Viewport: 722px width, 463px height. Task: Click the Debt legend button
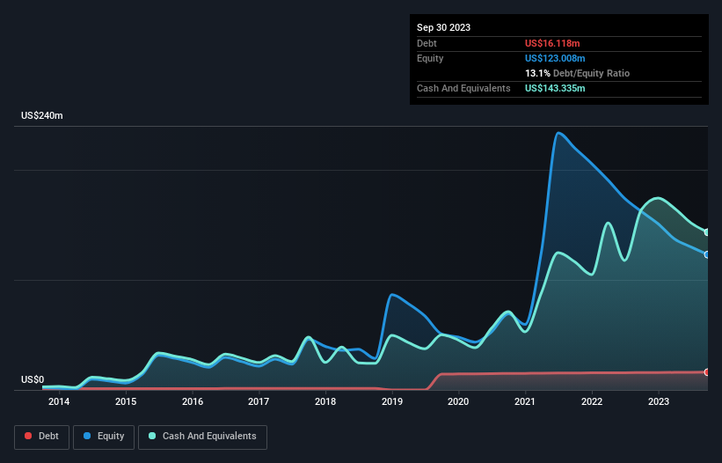click(40, 436)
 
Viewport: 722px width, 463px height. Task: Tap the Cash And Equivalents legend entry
click(202, 436)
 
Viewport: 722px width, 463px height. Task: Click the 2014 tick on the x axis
click(59, 402)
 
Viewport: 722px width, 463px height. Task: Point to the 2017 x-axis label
click(259, 402)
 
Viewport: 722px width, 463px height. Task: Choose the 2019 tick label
click(392, 402)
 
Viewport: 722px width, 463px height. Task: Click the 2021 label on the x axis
click(526, 402)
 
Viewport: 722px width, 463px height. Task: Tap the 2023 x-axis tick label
click(659, 402)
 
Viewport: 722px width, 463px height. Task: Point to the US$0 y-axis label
click(33, 380)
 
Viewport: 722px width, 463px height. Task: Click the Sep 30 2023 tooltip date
click(443, 27)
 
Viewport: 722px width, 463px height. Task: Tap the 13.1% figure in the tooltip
click(536, 73)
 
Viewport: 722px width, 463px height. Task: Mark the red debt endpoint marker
click(706, 372)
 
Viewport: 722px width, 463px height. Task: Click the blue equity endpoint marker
click(706, 254)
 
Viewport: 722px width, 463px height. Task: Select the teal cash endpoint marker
click(706, 232)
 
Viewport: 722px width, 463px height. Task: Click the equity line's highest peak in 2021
click(558, 133)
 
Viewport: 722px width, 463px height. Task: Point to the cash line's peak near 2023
click(655, 198)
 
